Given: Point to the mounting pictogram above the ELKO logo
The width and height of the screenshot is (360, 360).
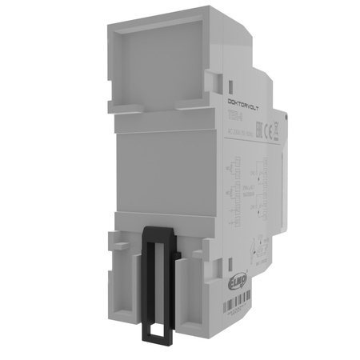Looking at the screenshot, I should point(258,250).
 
